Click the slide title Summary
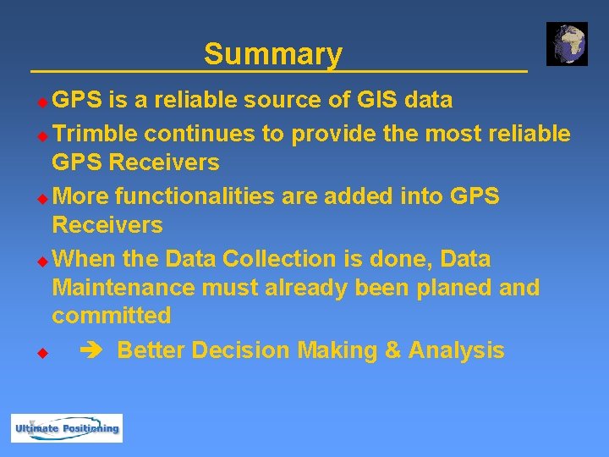point(272,54)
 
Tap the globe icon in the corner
point(567,44)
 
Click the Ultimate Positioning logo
point(67,428)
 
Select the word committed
point(111,317)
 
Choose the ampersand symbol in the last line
point(392,350)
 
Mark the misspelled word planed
point(454,288)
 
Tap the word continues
point(197,134)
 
